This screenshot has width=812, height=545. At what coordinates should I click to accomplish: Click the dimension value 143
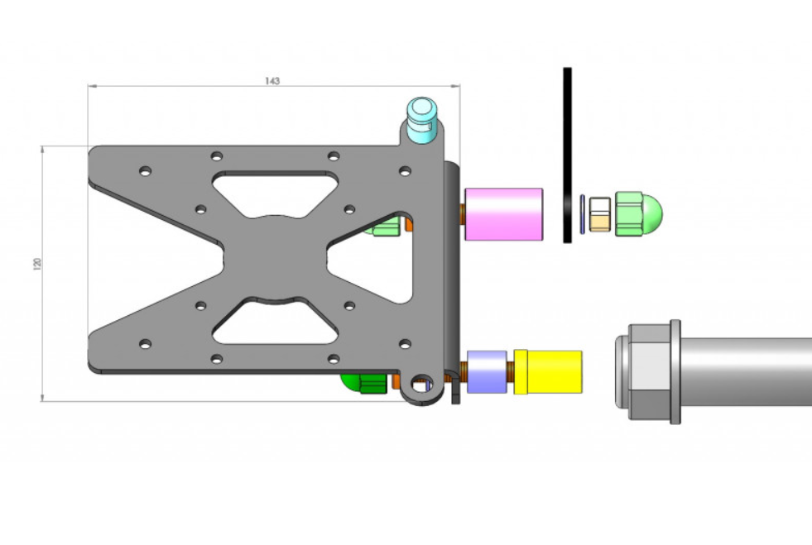[x=272, y=81]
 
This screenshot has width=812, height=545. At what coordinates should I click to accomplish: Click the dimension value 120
[x=36, y=264]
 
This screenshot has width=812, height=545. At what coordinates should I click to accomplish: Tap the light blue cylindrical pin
[x=422, y=120]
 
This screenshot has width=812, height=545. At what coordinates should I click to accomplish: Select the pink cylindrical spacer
[x=503, y=214]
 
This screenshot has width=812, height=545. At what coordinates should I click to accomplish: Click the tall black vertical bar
[x=568, y=155]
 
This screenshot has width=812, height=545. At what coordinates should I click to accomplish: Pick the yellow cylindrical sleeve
[x=548, y=371]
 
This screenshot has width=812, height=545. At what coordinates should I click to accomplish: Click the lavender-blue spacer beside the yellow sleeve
[x=487, y=371]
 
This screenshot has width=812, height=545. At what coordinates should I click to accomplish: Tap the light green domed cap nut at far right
[x=638, y=214]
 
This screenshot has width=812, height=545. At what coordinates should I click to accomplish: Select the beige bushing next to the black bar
[x=600, y=214]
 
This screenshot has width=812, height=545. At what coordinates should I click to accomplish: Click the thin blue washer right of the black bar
[x=583, y=214]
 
